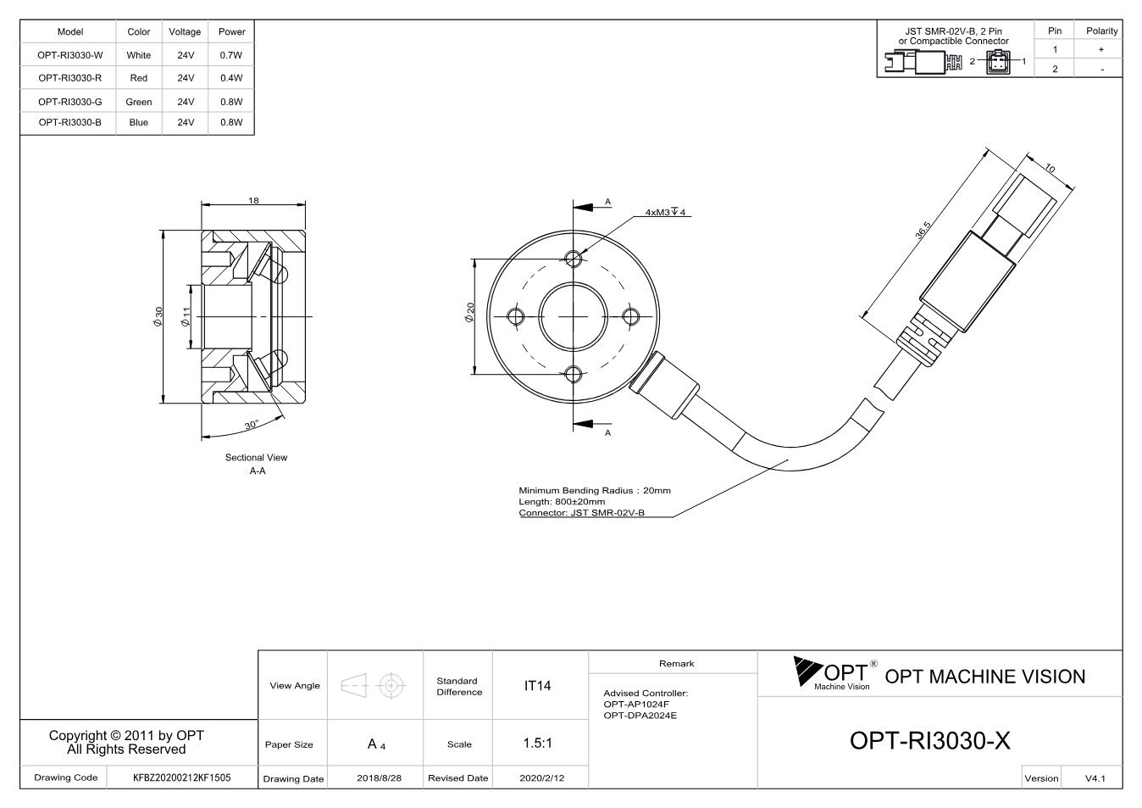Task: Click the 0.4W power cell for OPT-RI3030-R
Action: point(231,78)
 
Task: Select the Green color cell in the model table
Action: point(139,102)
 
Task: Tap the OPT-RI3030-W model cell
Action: point(69,55)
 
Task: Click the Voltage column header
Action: point(185,31)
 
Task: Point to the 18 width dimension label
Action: point(253,200)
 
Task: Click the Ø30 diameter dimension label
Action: point(158,316)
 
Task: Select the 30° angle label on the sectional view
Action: point(252,425)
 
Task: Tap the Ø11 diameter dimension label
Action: point(186,316)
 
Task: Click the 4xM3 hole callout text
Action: point(665,212)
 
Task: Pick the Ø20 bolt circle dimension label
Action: point(469,312)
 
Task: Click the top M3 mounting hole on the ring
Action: point(574,259)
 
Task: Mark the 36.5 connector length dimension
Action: point(923,230)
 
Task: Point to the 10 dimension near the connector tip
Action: point(1051,168)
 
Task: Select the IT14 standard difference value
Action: point(537,686)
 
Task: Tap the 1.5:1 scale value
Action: point(537,744)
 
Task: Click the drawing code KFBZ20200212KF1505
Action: point(182,777)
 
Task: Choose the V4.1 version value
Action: point(1095,778)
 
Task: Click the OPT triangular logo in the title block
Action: point(807,671)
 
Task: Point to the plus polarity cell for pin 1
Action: point(1101,49)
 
